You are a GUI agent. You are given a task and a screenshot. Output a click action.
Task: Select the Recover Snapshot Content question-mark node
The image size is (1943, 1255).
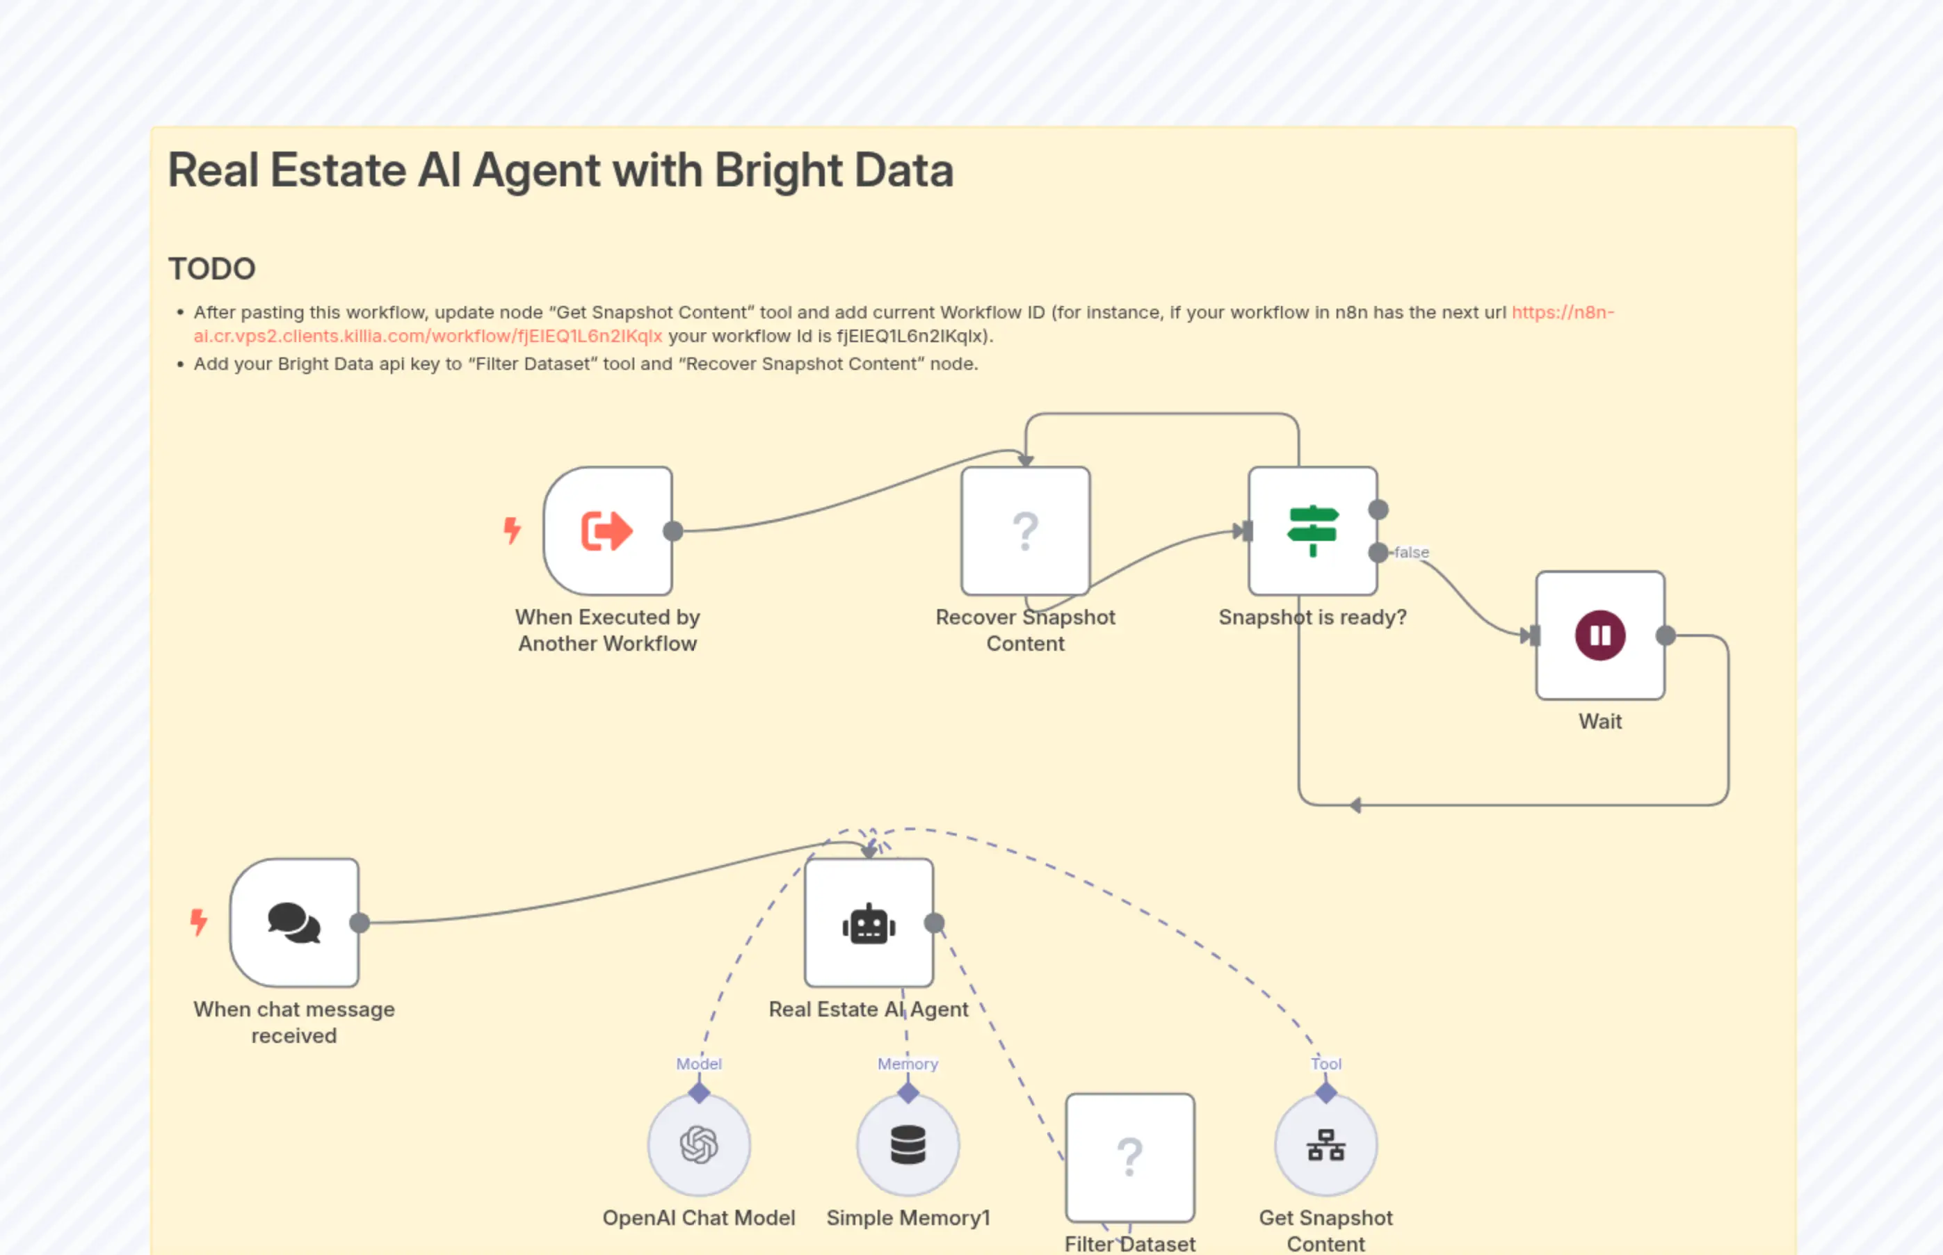tap(1025, 531)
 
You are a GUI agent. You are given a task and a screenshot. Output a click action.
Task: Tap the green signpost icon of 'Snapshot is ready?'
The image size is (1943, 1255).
tap(1312, 531)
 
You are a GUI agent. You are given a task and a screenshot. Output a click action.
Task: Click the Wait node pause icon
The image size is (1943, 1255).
tap(1600, 635)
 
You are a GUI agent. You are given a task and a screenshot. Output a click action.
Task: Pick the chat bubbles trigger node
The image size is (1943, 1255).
tap(294, 923)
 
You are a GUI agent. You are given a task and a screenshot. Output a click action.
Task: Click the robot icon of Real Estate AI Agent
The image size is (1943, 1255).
tap(869, 923)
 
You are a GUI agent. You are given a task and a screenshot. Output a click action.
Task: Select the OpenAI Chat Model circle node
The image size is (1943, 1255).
tap(698, 1145)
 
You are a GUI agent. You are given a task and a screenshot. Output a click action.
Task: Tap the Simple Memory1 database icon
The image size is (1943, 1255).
tap(908, 1145)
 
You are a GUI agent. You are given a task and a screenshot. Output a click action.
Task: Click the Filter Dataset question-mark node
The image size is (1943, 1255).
tap(1129, 1157)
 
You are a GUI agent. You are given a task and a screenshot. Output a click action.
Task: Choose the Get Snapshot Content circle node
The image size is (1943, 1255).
tap(1326, 1145)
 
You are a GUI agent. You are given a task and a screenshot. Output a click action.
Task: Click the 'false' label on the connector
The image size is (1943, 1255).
tap(1412, 553)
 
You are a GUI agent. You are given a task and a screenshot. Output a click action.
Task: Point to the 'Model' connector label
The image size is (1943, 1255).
tap(698, 1064)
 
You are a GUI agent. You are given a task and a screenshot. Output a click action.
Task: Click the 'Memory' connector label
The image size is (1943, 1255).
tap(908, 1064)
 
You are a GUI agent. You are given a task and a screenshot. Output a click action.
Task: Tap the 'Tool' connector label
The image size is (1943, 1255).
tap(1326, 1064)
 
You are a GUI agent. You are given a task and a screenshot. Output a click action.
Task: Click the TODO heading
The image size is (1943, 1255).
tap(212, 269)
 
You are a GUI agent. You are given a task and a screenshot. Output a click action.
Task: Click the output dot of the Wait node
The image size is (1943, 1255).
tap(1666, 635)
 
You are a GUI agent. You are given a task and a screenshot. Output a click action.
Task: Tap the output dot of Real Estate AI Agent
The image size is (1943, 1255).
tap(935, 923)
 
